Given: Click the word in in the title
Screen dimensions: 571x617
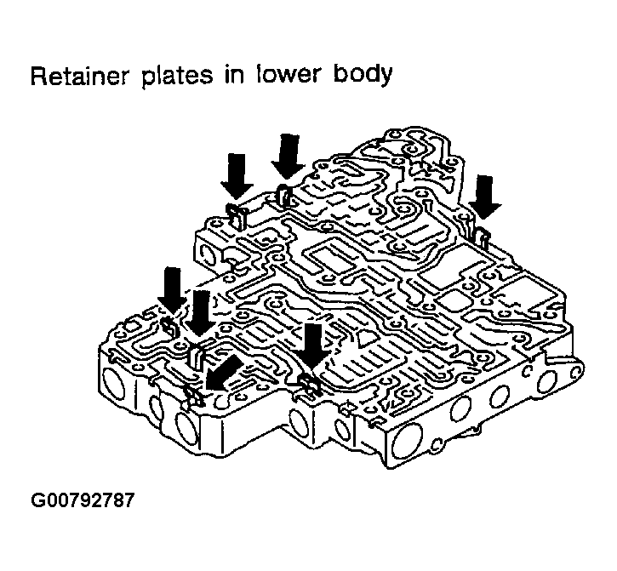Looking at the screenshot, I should point(236,77).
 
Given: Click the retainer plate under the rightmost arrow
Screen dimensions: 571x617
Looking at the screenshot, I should point(481,233).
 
